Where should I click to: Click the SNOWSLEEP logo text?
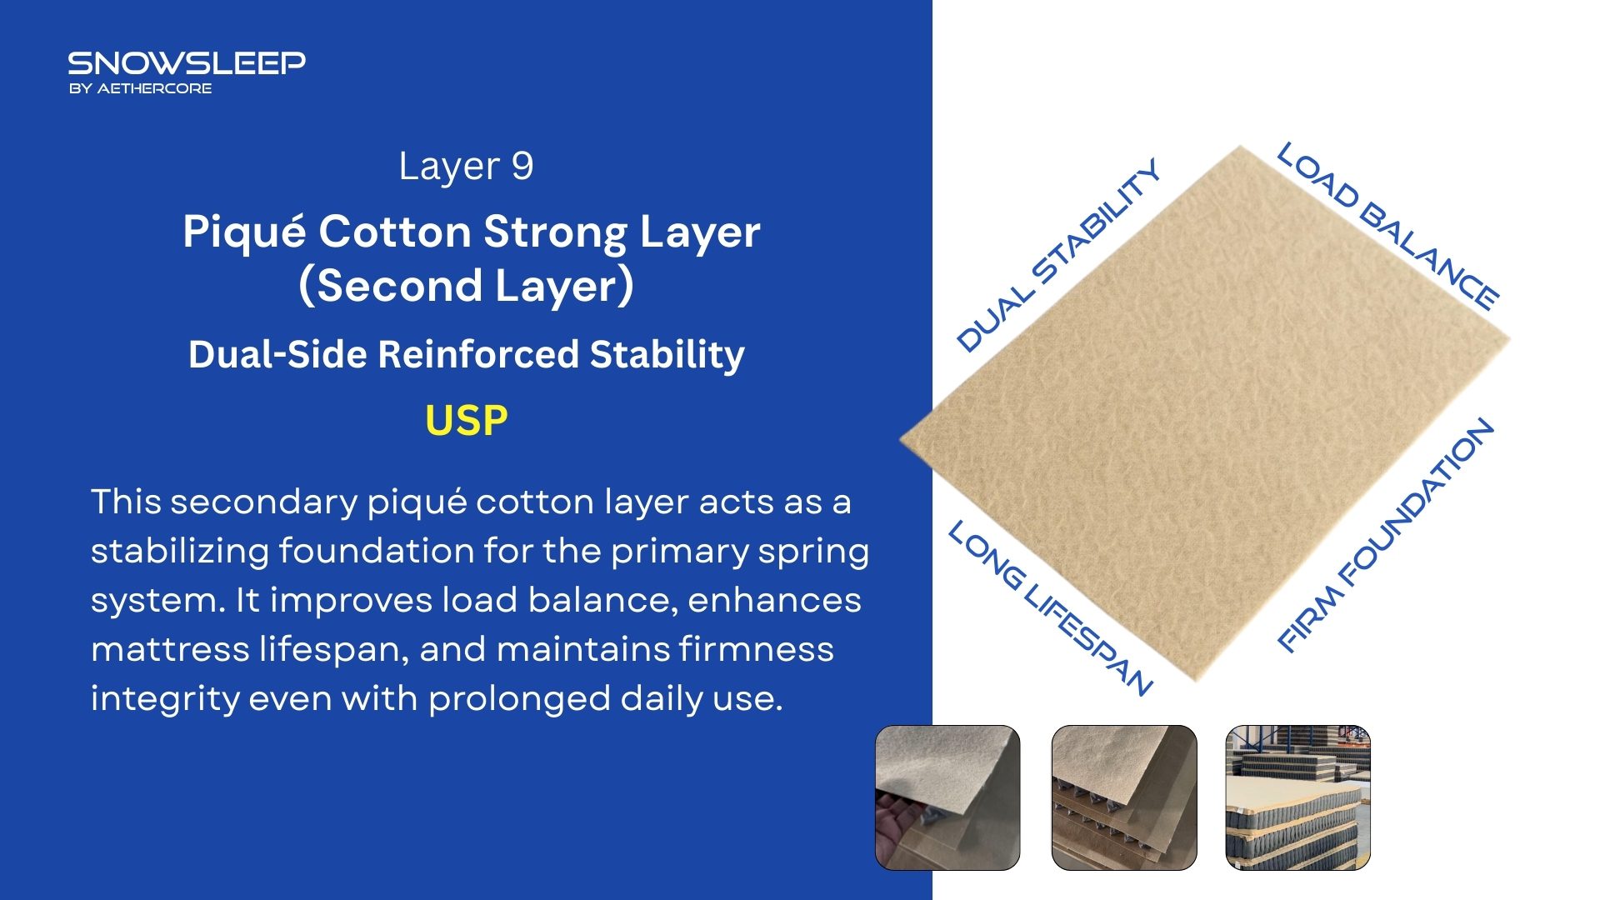(187, 63)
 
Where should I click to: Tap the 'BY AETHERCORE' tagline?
(140, 88)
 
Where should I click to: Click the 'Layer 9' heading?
(466, 167)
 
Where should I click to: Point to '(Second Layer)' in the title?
(467, 286)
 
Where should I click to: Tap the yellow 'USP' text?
(466, 421)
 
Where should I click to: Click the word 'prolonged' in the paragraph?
(519, 699)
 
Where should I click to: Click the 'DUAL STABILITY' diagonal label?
(1058, 254)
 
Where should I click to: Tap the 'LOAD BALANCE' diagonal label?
(1388, 226)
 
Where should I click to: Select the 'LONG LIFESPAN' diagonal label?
(1051, 607)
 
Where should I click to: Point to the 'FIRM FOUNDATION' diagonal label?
(1386, 534)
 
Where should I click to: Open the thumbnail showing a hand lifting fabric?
(947, 797)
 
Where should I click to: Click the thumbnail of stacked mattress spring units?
(1297, 797)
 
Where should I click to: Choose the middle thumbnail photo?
(1124, 797)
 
